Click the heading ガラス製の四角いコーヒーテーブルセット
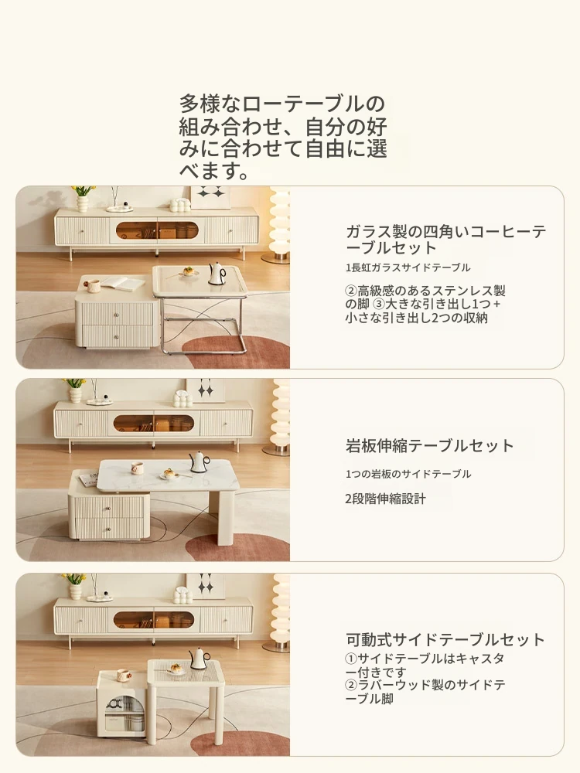tap(446, 239)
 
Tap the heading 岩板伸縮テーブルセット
tap(429, 445)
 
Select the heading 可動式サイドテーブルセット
tap(445, 639)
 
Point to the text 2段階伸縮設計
tap(385, 499)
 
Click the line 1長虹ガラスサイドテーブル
tap(408, 267)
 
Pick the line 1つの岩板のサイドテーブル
tap(408, 474)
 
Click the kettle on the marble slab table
tap(200, 462)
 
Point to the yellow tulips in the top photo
tap(83, 191)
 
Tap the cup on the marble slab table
tap(137, 468)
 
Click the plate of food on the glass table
tap(188, 271)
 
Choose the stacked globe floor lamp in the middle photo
tap(281, 417)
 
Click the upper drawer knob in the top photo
tap(117, 315)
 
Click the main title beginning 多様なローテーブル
tap(282, 138)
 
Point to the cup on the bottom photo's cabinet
tap(122, 674)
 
